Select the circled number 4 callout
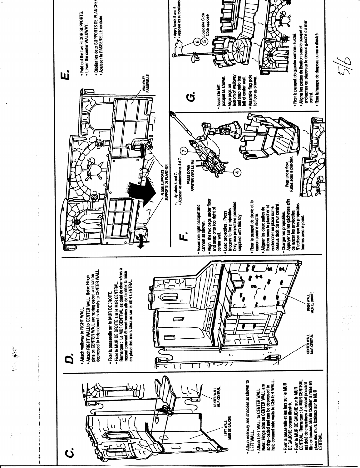tap(237, 172)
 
